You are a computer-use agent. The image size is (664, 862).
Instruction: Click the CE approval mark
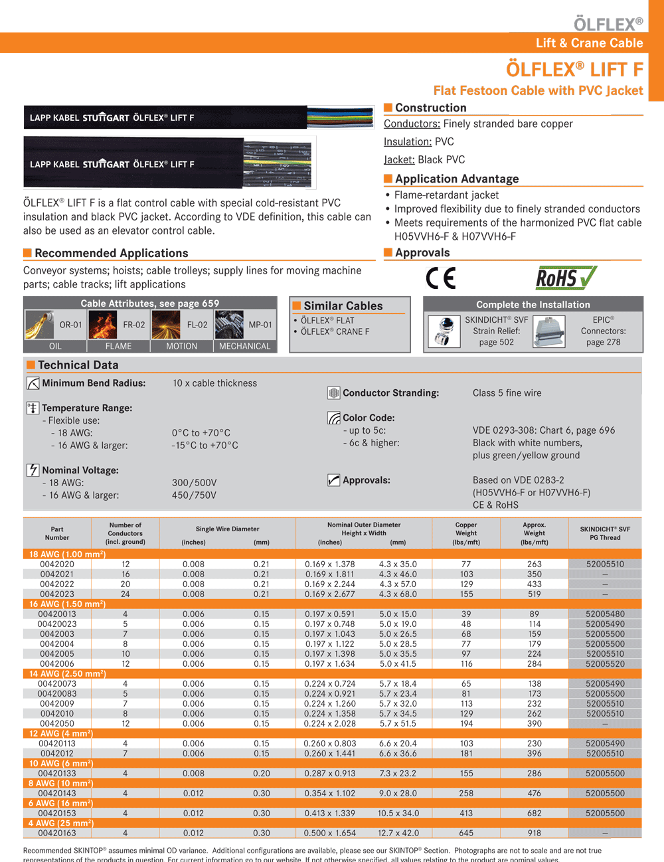pos(441,278)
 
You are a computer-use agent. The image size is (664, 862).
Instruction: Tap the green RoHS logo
pos(566,278)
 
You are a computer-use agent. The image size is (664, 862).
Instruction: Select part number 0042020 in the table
pos(57,564)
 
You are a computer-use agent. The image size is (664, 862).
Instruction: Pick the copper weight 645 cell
pos(466,833)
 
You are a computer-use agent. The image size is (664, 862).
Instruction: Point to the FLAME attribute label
pos(118,346)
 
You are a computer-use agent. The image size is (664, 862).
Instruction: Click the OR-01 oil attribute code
pos(70,325)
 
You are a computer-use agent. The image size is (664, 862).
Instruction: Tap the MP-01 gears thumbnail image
pos(229,325)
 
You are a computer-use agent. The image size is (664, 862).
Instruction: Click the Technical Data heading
pos(78,365)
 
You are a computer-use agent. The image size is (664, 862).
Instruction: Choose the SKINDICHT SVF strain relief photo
pos(444,331)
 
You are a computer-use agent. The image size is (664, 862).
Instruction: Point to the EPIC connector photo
pos(549,331)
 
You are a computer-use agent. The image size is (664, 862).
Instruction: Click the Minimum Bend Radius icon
pos(33,383)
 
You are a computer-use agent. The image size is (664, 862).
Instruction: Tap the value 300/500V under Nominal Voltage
pos(194,483)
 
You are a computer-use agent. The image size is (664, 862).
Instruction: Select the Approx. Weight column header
pos(534,533)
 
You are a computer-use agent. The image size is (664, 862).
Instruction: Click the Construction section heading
pos(430,108)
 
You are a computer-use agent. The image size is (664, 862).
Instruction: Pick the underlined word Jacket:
pos(399,159)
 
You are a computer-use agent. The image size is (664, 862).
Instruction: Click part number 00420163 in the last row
pos(57,833)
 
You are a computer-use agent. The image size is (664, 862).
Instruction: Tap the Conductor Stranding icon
pos(334,393)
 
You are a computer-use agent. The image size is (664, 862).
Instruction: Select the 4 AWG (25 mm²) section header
pos(61,823)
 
